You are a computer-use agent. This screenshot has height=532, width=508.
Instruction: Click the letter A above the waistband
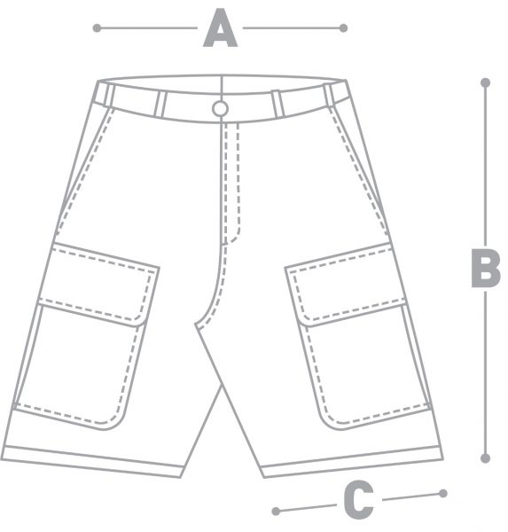(220, 27)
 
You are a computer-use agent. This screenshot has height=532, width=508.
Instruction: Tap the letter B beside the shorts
(486, 268)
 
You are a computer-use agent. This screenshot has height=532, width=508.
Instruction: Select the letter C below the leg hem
(358, 499)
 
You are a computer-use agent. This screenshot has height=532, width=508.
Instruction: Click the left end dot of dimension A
(97, 27)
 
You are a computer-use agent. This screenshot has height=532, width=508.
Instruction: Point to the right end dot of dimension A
(343, 27)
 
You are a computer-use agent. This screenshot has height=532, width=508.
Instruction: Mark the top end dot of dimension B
(485, 82)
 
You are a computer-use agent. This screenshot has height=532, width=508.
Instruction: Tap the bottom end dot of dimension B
(485, 458)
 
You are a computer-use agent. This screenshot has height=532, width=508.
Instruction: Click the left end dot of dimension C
(276, 511)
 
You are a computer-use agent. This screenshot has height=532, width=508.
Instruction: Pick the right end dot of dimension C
(443, 493)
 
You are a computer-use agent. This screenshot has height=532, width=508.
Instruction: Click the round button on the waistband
(220, 109)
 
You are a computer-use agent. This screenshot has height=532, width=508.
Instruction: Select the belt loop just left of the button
(160, 104)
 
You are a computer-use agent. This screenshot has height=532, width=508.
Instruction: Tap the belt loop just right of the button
(277, 103)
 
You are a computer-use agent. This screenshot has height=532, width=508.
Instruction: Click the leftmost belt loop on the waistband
(108, 95)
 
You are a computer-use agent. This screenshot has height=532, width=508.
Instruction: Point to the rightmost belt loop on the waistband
(329, 95)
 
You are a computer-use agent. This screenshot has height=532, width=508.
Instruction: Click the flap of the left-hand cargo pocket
(98, 285)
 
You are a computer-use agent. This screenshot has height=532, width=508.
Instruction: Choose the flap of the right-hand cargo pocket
(346, 285)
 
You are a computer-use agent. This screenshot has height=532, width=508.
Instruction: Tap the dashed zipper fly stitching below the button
(231, 184)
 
